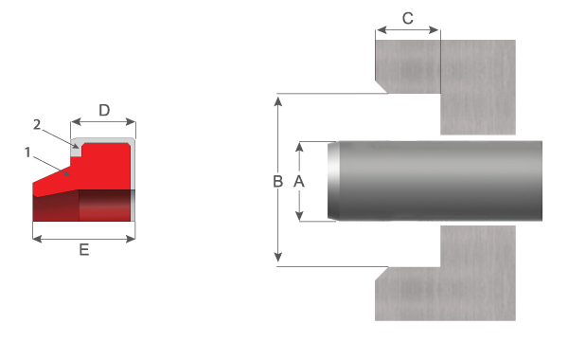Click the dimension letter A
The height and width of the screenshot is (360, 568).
pyautogui.click(x=299, y=181)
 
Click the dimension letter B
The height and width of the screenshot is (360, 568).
pyautogui.click(x=277, y=181)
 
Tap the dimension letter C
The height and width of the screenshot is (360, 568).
pyautogui.click(x=408, y=18)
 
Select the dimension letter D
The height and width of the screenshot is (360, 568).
pyautogui.click(x=104, y=110)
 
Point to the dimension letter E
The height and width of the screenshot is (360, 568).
pyautogui.click(x=84, y=250)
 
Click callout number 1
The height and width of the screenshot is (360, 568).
pyautogui.click(x=27, y=153)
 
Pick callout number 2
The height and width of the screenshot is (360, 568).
pyautogui.click(x=37, y=125)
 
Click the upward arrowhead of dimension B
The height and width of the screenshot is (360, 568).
pyautogui.click(x=277, y=101)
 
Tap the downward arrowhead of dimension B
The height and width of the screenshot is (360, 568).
pyautogui.click(x=277, y=258)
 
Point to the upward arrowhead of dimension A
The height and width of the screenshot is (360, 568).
pyautogui.click(x=299, y=147)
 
